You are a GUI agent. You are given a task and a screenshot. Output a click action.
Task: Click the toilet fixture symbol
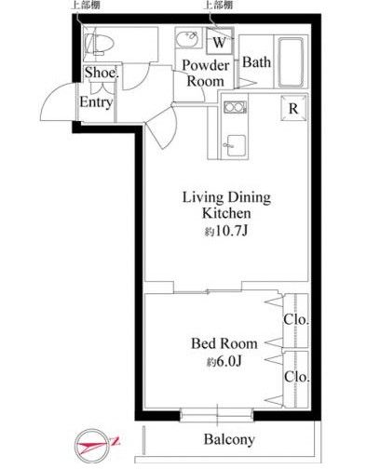tap(99, 44)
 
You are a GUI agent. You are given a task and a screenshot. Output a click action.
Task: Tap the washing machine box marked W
tap(220, 42)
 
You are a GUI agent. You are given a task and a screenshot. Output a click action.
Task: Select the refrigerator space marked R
tap(293, 108)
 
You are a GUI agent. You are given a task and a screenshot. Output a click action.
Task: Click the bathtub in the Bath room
tap(291, 62)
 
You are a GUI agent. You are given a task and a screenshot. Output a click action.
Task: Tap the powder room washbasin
tap(187, 39)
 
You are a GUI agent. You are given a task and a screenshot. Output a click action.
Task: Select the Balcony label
tap(229, 439)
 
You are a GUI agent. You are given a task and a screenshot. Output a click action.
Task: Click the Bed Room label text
tap(224, 343)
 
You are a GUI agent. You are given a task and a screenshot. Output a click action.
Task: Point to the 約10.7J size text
tap(226, 231)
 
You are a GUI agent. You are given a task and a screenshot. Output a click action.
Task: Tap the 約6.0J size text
tap(224, 361)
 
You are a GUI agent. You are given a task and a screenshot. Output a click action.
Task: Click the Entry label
tap(96, 102)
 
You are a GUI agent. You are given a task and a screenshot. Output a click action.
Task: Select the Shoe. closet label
tap(102, 73)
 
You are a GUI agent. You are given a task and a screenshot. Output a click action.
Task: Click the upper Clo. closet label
tap(296, 319)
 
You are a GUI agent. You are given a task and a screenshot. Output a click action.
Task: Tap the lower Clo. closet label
tap(297, 377)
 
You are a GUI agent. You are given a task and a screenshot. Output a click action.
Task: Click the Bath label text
tap(256, 62)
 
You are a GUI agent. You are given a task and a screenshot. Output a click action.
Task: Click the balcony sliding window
tap(217, 415)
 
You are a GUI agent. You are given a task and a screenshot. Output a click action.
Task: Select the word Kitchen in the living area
tap(226, 213)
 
